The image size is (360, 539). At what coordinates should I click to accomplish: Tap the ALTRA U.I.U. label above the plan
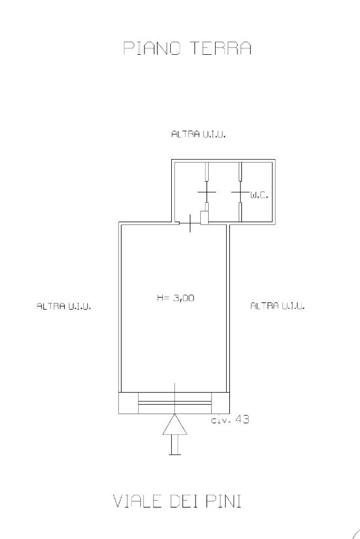pyautogui.click(x=198, y=134)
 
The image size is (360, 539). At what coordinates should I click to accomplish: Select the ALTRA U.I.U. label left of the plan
pyautogui.click(x=64, y=306)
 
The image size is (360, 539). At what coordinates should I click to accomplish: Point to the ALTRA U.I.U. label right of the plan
pyautogui.click(x=277, y=306)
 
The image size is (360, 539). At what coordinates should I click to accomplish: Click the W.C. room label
pyautogui.click(x=259, y=196)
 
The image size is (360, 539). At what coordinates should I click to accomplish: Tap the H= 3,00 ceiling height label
pyautogui.click(x=176, y=298)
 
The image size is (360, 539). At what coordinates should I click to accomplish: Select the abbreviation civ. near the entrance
pyautogui.click(x=220, y=420)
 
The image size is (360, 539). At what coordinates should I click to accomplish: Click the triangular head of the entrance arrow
pyautogui.click(x=175, y=424)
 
